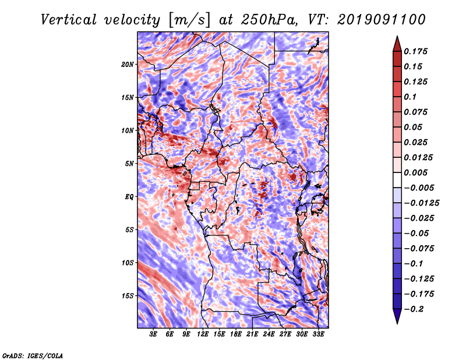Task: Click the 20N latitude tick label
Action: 128,64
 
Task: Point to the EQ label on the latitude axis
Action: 129,196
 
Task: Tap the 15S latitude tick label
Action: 128,296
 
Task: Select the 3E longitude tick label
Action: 154,335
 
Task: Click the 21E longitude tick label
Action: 253,335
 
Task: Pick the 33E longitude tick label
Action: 319,335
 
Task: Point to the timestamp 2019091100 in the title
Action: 381,19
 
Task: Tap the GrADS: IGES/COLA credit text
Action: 32,355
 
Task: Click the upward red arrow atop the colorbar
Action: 397,41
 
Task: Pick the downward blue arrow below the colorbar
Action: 397,317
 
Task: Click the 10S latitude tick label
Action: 128,263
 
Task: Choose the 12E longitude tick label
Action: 203,335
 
